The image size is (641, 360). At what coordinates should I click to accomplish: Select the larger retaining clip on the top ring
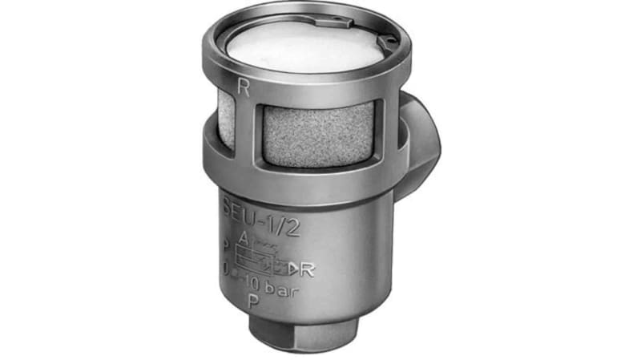pos(377,34)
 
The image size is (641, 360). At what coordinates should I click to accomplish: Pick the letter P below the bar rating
pos(253,302)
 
